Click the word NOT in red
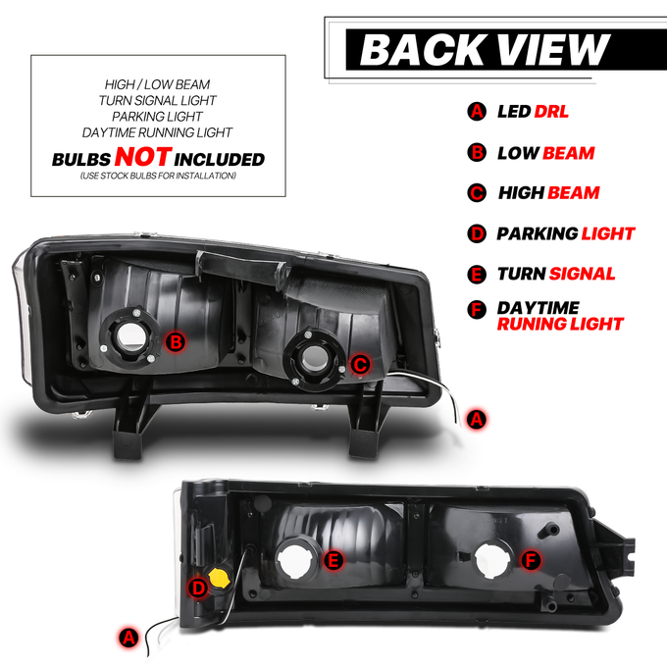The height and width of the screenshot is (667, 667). pos(143,157)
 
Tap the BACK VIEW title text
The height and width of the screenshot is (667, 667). pos(485,49)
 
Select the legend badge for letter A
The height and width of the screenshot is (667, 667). pos(477,112)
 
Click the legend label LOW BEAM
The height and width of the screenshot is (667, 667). pos(546,153)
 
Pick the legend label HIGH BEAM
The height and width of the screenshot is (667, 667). pos(548,193)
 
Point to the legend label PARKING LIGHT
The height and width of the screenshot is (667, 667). pos(566,233)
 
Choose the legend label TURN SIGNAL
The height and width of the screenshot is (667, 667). pos(556,274)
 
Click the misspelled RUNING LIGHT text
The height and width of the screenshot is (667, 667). pos(560,324)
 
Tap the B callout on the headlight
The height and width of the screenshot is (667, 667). pos(176,342)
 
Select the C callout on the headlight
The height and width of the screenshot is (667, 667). pos(360,365)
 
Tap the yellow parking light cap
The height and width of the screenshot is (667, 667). pos(219,577)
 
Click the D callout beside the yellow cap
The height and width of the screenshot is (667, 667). pos(198,589)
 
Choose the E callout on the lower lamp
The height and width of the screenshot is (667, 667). pos(333,560)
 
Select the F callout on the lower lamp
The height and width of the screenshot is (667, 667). pos(531,560)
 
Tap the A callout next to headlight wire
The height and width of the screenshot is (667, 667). pos(476,419)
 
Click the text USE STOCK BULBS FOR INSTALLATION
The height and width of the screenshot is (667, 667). pos(158,176)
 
